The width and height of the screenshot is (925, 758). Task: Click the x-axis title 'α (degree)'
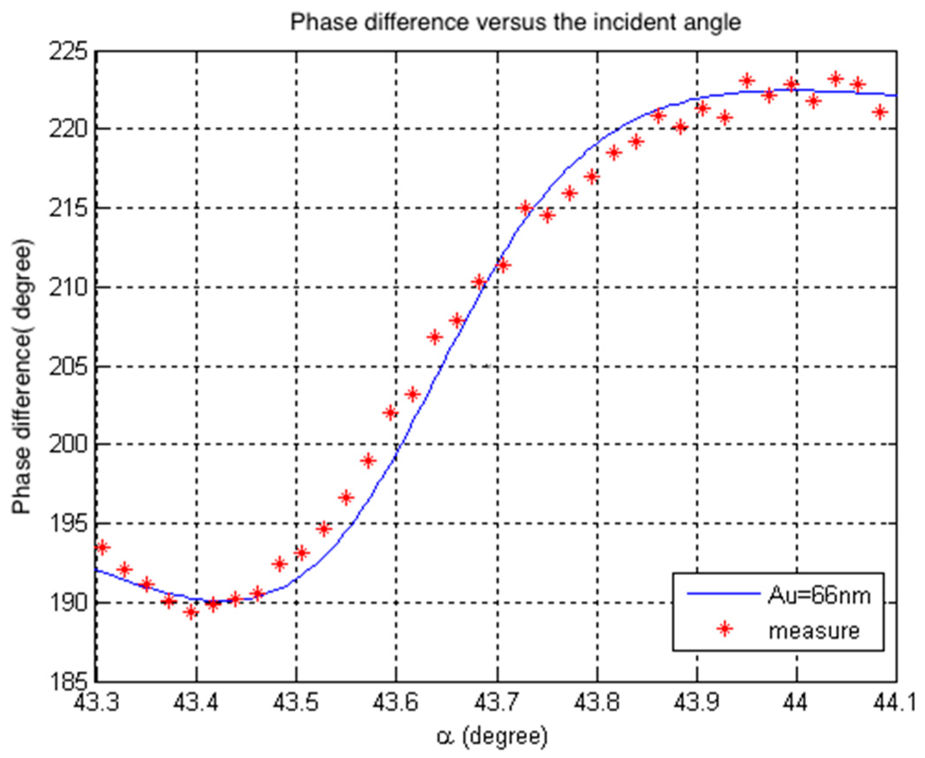coord(492,736)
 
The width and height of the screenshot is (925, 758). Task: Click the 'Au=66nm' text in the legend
coord(819,595)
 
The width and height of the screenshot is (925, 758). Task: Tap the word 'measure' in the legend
coord(814,630)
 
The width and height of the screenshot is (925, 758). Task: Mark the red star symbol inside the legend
coord(725,629)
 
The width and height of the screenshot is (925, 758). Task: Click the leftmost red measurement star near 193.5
coord(102,547)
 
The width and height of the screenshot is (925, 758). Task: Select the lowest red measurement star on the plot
coord(191,612)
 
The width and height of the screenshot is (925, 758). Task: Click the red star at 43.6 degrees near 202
coord(391,413)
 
